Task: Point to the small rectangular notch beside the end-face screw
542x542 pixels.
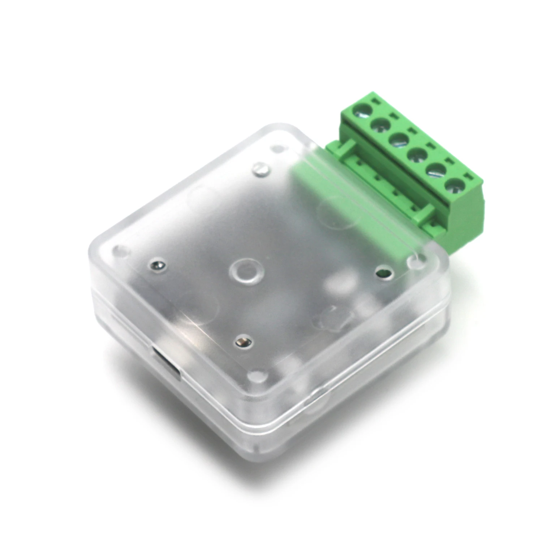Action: point(468,177)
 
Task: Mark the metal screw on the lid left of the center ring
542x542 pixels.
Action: point(158,266)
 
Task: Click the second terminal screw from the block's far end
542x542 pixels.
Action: point(380,125)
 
